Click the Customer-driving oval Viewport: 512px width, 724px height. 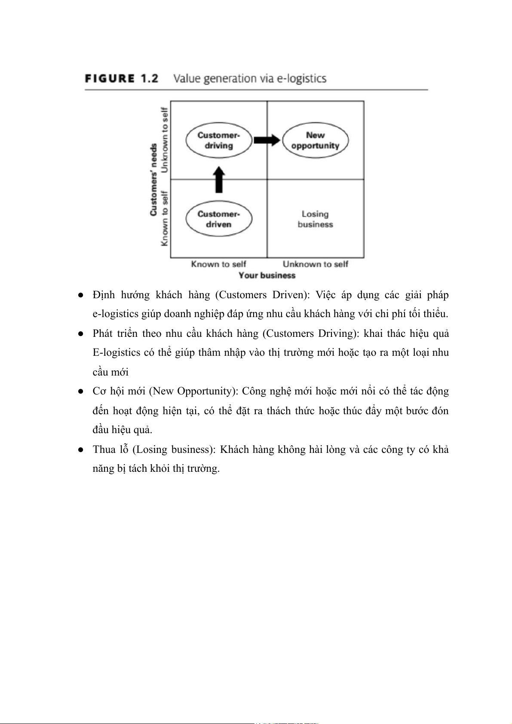[x=218, y=141]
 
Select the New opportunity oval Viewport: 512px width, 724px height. [x=315, y=141]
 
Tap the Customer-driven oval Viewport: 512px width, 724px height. [x=218, y=219]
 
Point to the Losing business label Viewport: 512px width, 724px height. [x=315, y=219]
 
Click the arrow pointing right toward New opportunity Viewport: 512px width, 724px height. [x=267, y=140]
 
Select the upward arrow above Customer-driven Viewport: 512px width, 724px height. [x=219, y=180]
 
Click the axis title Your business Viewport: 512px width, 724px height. [x=267, y=275]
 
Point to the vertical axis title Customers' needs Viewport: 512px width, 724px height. [x=153, y=180]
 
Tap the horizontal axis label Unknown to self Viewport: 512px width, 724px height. [x=315, y=264]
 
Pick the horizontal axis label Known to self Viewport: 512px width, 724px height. [x=218, y=264]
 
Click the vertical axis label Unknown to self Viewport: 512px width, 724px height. [x=164, y=140]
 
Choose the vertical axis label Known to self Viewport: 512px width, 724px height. [x=164, y=219]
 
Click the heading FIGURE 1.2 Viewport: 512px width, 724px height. [x=122, y=79]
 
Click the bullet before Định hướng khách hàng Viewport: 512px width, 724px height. [x=80, y=295]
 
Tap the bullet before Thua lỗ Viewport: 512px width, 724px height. [x=80, y=450]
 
